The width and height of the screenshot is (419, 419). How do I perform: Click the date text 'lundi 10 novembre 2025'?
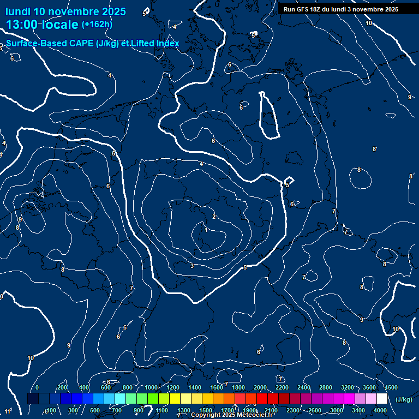(x=65, y=11)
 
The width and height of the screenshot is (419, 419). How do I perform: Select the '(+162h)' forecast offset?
(x=97, y=25)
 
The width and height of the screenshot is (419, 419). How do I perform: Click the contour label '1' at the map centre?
(x=206, y=230)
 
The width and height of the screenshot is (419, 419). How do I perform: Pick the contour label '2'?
(x=213, y=217)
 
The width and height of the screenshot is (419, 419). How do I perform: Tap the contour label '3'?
(x=192, y=266)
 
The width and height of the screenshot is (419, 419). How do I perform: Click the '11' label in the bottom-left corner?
(x=7, y=411)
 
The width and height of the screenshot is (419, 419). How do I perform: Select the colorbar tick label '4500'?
(x=391, y=387)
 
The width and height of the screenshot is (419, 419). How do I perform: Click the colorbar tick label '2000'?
(x=260, y=387)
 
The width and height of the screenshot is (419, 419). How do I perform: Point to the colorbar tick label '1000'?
(x=151, y=387)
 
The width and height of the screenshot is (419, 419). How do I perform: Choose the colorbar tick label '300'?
(x=73, y=410)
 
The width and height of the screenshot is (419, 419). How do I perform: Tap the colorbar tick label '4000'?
(x=380, y=410)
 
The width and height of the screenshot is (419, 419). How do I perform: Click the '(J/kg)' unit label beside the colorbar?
(x=404, y=400)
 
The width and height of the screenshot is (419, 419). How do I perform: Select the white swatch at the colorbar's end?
(x=382, y=399)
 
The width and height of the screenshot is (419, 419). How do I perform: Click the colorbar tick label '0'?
(x=37, y=387)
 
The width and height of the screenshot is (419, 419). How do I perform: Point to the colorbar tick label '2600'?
(x=315, y=410)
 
